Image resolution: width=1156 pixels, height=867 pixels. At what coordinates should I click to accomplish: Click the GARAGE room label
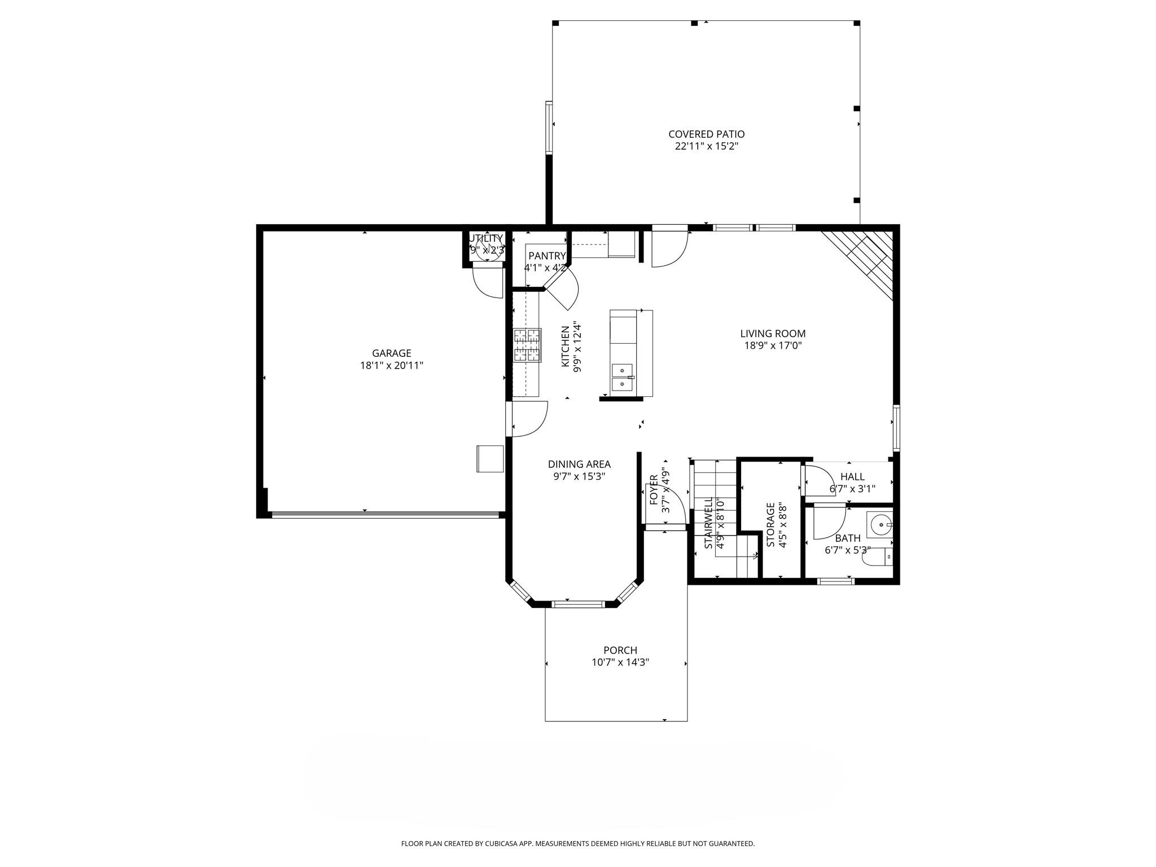click(391, 353)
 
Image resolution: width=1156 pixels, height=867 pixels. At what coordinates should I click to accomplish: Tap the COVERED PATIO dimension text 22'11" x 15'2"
click(706, 146)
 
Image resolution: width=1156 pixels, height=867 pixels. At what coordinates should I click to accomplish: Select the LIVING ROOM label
click(773, 334)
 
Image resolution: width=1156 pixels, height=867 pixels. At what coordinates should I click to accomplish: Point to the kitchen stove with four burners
click(527, 345)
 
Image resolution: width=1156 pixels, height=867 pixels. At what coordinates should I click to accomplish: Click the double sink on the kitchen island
click(623, 378)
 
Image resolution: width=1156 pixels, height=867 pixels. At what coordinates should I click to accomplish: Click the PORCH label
click(620, 650)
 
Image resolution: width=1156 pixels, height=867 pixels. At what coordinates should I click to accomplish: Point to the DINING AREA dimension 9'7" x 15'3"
click(579, 476)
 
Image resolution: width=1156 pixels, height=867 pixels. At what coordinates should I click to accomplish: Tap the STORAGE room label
click(770, 524)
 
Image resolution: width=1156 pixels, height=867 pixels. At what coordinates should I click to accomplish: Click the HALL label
click(852, 476)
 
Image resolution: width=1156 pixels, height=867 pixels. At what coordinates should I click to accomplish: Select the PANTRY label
click(546, 256)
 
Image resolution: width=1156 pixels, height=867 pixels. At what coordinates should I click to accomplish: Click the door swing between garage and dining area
click(529, 418)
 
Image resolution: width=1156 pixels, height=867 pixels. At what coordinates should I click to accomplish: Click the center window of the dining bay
click(578, 604)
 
